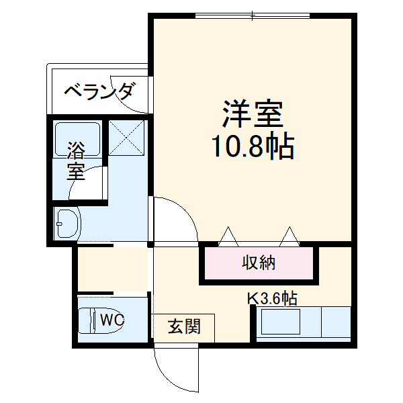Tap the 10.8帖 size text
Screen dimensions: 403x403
tap(253, 146)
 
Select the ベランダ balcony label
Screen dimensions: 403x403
tap(99, 91)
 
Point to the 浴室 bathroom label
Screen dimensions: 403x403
tap(75, 161)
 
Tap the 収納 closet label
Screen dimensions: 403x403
tap(259, 263)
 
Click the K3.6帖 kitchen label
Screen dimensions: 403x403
tap(273, 298)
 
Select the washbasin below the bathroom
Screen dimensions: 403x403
tap(67, 223)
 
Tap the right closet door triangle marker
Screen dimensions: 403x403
tap(289, 236)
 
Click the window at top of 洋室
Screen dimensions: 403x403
tap(253, 15)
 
